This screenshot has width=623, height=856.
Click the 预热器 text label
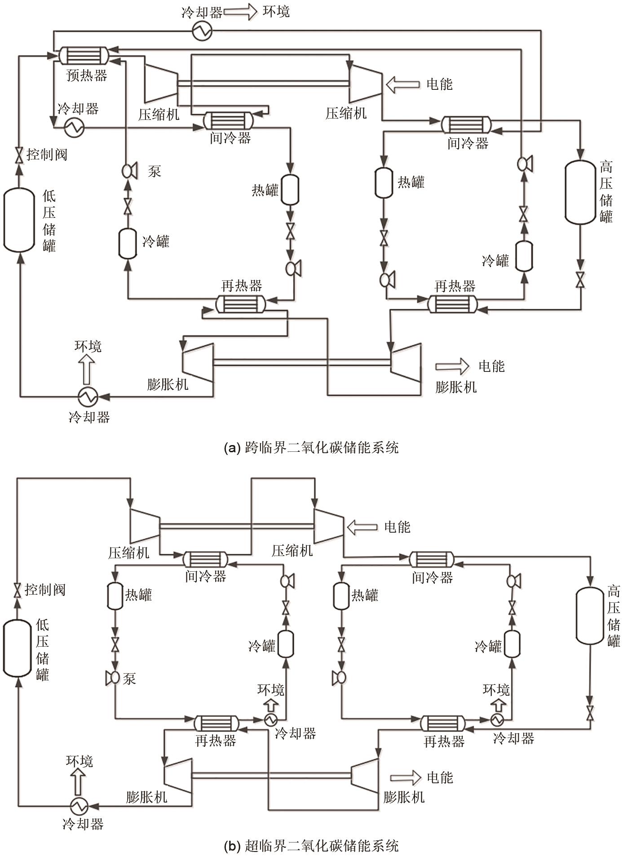point(87,75)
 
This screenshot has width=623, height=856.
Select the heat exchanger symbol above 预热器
point(84,55)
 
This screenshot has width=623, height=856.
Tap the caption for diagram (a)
point(311,448)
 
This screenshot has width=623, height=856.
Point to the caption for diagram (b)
point(311,846)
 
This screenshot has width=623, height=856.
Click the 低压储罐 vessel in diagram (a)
point(19,220)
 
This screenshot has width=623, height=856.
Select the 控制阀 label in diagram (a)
point(47,155)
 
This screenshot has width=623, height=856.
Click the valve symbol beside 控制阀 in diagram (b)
point(18,590)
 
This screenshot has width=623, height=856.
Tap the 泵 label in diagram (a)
point(154,172)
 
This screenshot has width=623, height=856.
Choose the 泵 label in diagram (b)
point(129,678)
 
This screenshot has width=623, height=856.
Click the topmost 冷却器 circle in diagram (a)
point(202,31)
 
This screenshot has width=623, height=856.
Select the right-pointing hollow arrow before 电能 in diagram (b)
point(406,777)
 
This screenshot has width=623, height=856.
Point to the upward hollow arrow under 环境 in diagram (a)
point(87,369)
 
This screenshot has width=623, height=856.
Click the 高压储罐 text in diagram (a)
point(606,192)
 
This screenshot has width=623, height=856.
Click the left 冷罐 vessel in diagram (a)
point(128,243)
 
